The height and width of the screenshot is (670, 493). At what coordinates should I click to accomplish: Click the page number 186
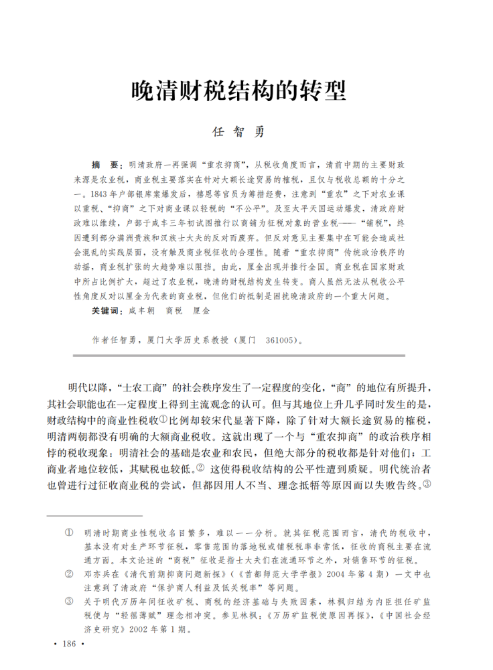(69, 644)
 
